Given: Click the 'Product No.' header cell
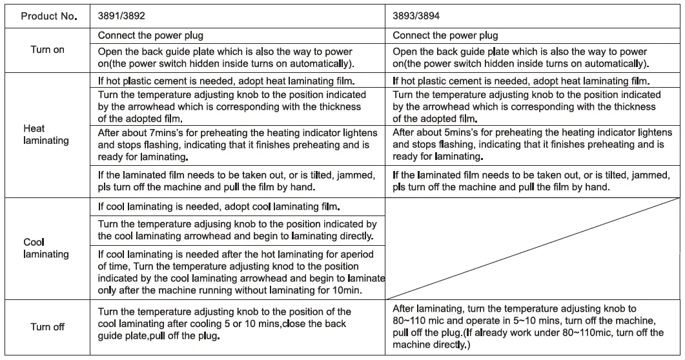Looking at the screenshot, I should pos(49,16).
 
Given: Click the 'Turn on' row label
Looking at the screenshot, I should pos(48,50).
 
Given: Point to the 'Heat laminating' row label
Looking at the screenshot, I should pos(46,135).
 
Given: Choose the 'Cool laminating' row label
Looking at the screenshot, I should pos(46,248).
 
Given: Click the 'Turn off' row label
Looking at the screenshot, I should pos(48,327).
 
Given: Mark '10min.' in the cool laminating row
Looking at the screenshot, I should pos(347,290).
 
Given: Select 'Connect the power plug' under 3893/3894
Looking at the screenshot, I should pos(445,35).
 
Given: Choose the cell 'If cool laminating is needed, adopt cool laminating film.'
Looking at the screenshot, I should pos(220,208).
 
